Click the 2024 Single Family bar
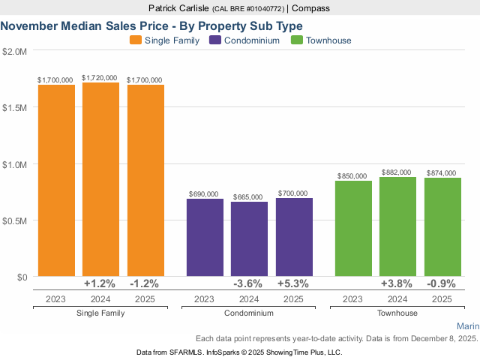(x=100, y=179)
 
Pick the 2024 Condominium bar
(x=249, y=239)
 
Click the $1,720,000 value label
(x=100, y=77)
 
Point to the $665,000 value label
(x=249, y=196)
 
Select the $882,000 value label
(x=397, y=172)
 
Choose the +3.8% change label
(x=397, y=284)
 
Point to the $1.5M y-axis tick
(x=15, y=107)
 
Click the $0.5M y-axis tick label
(x=15, y=220)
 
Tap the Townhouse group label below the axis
(x=397, y=312)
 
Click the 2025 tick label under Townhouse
(x=442, y=298)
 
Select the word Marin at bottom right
(x=466, y=327)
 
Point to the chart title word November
(x=29, y=25)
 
